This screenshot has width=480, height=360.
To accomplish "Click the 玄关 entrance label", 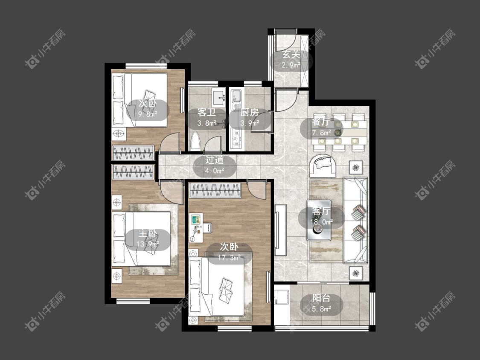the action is click(291, 55).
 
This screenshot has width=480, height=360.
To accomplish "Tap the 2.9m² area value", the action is click(291, 65).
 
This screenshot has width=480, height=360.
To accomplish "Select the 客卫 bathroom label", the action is click(207, 112).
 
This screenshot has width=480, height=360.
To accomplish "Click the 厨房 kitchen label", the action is click(250, 112).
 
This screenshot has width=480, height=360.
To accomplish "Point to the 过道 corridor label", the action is click(214, 160).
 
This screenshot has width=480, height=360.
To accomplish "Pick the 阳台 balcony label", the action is click(321, 298).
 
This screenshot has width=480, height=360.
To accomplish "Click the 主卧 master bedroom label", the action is click(148, 233).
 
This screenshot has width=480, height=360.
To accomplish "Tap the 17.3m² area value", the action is click(229, 258).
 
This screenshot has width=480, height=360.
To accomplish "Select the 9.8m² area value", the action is click(148, 114).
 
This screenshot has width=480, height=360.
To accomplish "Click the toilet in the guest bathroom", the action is click(195, 141).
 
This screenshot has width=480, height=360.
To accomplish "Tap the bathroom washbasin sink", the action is click(219, 96).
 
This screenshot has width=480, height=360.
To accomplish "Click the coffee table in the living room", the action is click(319, 220).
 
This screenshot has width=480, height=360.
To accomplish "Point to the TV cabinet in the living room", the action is click(280, 230).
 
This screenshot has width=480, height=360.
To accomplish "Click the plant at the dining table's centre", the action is click(337, 133).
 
